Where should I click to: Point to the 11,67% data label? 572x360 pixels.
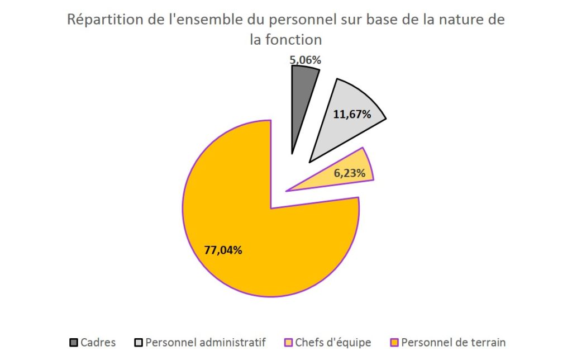[352, 115]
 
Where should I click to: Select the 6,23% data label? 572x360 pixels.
[350, 173]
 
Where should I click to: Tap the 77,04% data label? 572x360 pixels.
[223, 250]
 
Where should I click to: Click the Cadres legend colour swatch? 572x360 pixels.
[74, 342]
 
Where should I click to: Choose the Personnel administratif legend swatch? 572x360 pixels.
[139, 342]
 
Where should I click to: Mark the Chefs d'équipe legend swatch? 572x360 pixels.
[289, 342]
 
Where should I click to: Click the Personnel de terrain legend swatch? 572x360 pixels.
[394, 342]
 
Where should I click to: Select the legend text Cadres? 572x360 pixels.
[98, 342]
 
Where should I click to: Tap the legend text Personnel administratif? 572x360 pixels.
[206, 342]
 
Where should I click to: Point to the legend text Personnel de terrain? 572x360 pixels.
[454, 342]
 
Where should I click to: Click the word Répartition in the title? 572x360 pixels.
[101, 21]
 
